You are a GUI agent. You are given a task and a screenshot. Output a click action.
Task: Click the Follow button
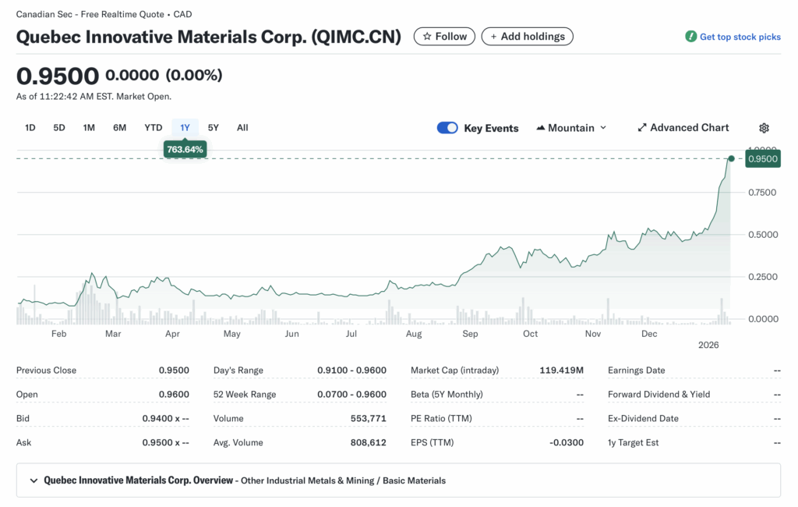click(x=444, y=37)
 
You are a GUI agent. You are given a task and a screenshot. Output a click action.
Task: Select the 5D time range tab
click(x=59, y=128)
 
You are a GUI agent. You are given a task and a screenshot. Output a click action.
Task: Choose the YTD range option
click(x=153, y=128)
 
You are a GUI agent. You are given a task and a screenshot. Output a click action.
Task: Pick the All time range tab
click(x=242, y=128)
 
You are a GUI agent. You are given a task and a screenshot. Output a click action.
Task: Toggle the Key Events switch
click(x=447, y=128)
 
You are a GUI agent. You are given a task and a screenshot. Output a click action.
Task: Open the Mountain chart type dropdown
click(x=571, y=128)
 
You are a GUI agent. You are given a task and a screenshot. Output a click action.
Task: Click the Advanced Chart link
click(x=683, y=128)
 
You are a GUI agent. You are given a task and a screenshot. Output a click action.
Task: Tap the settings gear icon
click(x=764, y=128)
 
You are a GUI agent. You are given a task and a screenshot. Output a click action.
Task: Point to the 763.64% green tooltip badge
click(x=185, y=149)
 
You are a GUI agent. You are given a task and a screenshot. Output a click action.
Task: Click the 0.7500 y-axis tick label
click(x=761, y=193)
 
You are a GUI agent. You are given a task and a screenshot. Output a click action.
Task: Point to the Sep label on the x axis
click(x=470, y=334)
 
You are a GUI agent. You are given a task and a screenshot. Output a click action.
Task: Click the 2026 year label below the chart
click(x=708, y=345)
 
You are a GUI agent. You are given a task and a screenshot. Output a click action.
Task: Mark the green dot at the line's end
click(x=731, y=158)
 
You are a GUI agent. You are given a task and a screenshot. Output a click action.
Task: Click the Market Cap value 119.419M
click(x=561, y=370)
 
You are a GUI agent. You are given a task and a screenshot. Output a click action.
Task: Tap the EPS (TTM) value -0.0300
click(x=566, y=443)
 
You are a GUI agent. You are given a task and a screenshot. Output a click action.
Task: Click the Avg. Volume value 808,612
click(x=368, y=443)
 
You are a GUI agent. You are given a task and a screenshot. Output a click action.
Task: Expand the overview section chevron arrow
click(x=34, y=480)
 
